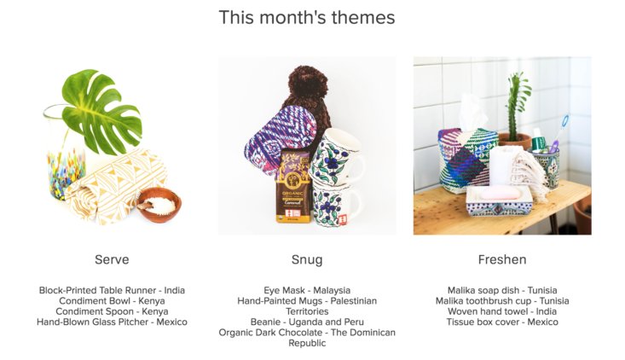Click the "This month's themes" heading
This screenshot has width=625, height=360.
pos(307,18)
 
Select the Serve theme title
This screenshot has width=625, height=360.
pos(112,259)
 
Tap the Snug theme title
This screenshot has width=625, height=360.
pos(307,260)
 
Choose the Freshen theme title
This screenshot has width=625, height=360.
pos(502,259)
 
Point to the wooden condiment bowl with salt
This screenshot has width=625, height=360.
pos(159,205)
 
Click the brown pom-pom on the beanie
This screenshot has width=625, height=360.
pos(308,84)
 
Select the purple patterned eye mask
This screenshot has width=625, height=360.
pos(279,140)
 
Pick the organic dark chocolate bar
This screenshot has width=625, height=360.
pos(293,186)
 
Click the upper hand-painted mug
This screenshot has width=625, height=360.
pos(338,155)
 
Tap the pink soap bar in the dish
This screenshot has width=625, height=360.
pos(501,194)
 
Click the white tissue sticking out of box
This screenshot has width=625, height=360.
pos(472,113)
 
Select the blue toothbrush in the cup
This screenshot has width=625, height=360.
pos(560,131)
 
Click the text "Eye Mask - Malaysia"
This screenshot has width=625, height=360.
pos(307,290)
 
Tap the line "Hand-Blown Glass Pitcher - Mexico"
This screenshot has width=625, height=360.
pos(112,322)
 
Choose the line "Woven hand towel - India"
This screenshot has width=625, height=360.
pos(502,311)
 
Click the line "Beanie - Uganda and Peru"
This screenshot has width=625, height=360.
pos(307,322)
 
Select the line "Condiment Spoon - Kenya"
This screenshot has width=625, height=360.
pos(112,311)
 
